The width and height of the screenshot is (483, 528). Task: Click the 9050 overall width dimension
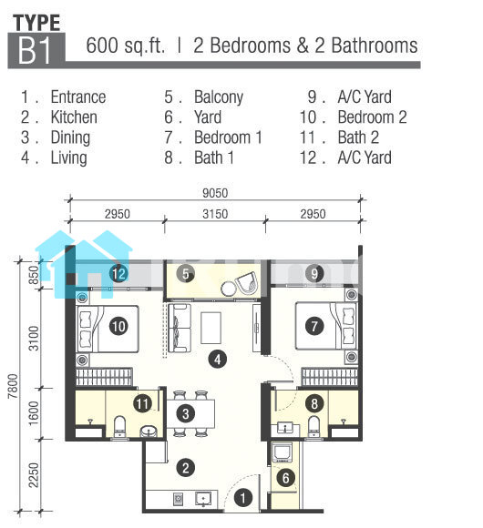[215, 193]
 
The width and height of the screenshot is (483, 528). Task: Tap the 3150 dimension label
[215, 214]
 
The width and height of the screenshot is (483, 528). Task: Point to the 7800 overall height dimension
[13, 386]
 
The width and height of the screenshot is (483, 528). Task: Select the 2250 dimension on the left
[34, 475]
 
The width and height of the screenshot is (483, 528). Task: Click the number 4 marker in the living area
[218, 359]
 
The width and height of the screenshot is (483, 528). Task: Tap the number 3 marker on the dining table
[185, 414]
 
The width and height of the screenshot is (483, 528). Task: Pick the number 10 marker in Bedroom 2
[118, 326]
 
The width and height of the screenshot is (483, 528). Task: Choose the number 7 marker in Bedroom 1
[314, 326]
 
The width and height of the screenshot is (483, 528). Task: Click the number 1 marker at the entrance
[242, 498]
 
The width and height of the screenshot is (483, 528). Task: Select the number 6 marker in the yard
[286, 478]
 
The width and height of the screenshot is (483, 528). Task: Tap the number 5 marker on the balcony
[185, 274]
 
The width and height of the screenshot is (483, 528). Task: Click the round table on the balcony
[229, 289]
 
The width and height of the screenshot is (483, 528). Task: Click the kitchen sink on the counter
[203, 499]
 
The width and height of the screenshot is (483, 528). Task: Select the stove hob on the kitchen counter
[178, 499]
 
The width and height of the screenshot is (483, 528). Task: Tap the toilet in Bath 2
[119, 426]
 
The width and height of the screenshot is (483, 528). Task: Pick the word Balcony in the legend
[219, 97]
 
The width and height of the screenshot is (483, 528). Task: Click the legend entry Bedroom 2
[372, 117]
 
